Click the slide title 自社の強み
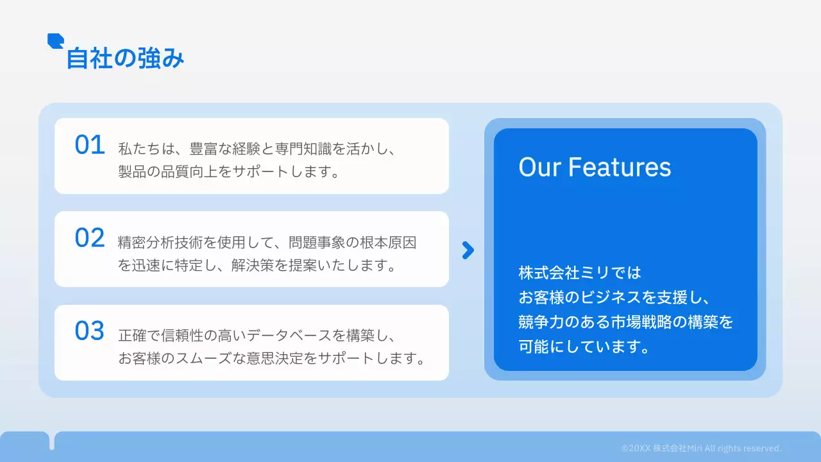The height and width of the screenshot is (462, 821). tap(126, 59)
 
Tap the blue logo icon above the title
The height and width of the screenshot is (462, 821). tap(55, 40)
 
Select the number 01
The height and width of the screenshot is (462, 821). tap(90, 146)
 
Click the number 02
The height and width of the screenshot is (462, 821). tap(90, 238)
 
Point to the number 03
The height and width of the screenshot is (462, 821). tap(90, 331)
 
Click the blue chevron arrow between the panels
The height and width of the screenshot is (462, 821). tap(468, 250)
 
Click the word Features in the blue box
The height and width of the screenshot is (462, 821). tap(620, 167)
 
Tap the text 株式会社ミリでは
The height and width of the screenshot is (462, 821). tap(580, 273)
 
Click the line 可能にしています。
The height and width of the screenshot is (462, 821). tap(585, 347)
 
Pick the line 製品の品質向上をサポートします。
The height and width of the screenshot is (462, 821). tap(228, 172)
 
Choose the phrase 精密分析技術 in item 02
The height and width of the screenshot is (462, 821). tap(157, 243)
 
